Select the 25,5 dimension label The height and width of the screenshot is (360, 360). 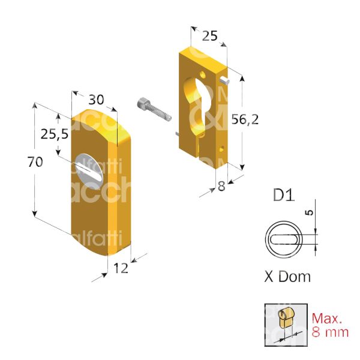coord(55,134)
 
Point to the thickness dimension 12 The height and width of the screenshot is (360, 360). coord(121,269)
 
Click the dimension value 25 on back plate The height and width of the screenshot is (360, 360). coord(209,36)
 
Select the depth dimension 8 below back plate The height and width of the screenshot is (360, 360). coord(221,187)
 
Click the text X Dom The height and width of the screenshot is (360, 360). coord(287,277)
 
